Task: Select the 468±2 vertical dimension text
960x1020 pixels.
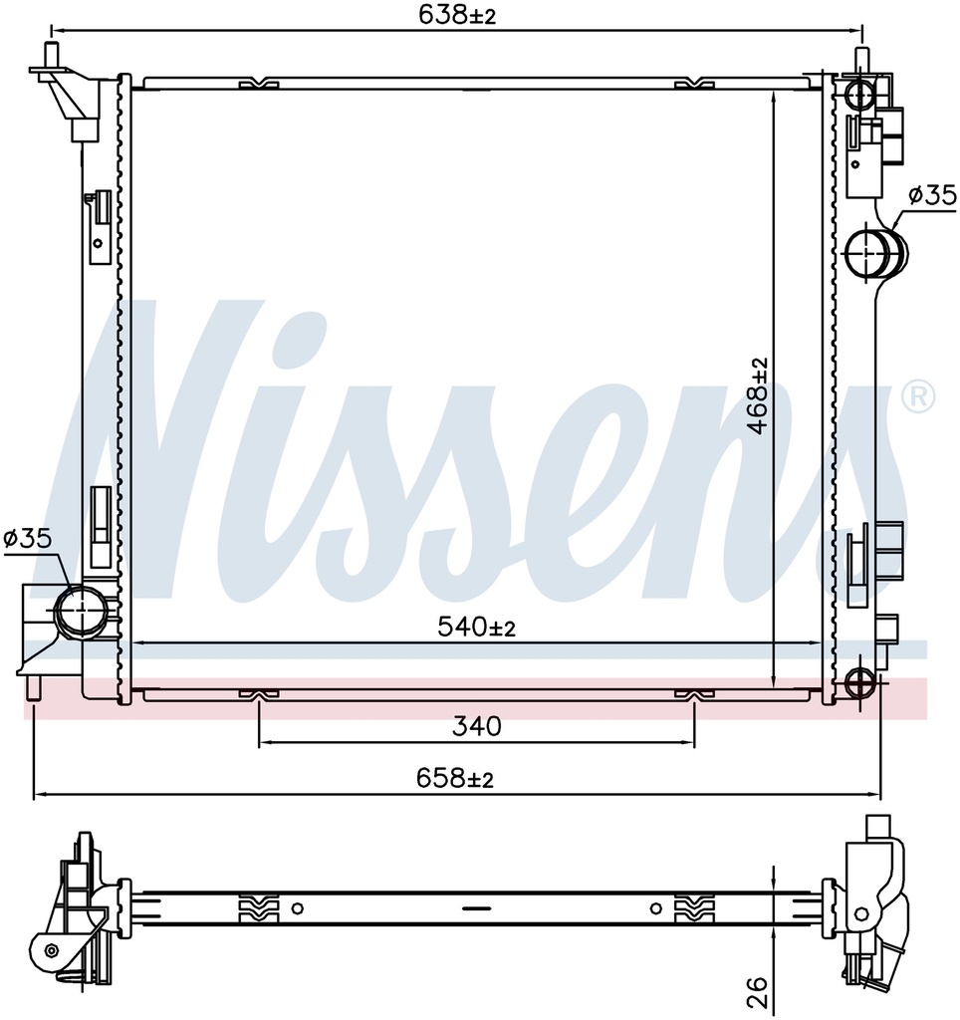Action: [x=759, y=396]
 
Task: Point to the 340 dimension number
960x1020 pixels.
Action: [x=476, y=727]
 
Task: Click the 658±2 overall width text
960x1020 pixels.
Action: [x=454, y=779]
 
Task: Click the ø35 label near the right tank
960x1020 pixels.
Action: [x=930, y=195]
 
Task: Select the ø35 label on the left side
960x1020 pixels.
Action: [x=27, y=539]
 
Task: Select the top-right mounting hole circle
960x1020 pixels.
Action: [x=858, y=95]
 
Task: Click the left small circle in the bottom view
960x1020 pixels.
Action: [x=297, y=907]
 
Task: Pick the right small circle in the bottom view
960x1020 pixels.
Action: [x=654, y=907]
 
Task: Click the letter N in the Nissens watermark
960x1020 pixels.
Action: [x=169, y=448]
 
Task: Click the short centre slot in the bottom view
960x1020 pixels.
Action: [x=476, y=907]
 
